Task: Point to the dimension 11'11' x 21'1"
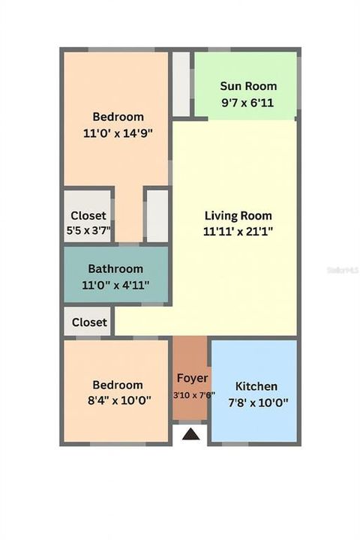click(238, 232)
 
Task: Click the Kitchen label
click(256, 386)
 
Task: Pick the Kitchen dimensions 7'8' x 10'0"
click(256, 402)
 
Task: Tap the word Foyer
click(192, 379)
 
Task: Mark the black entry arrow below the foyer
click(191, 433)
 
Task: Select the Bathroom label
click(115, 269)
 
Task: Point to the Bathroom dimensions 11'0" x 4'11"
click(115, 284)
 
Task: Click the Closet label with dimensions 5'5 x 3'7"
click(88, 216)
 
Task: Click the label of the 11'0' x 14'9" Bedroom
click(118, 117)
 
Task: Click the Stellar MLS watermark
click(342, 268)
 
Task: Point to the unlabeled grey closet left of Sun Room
click(181, 83)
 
